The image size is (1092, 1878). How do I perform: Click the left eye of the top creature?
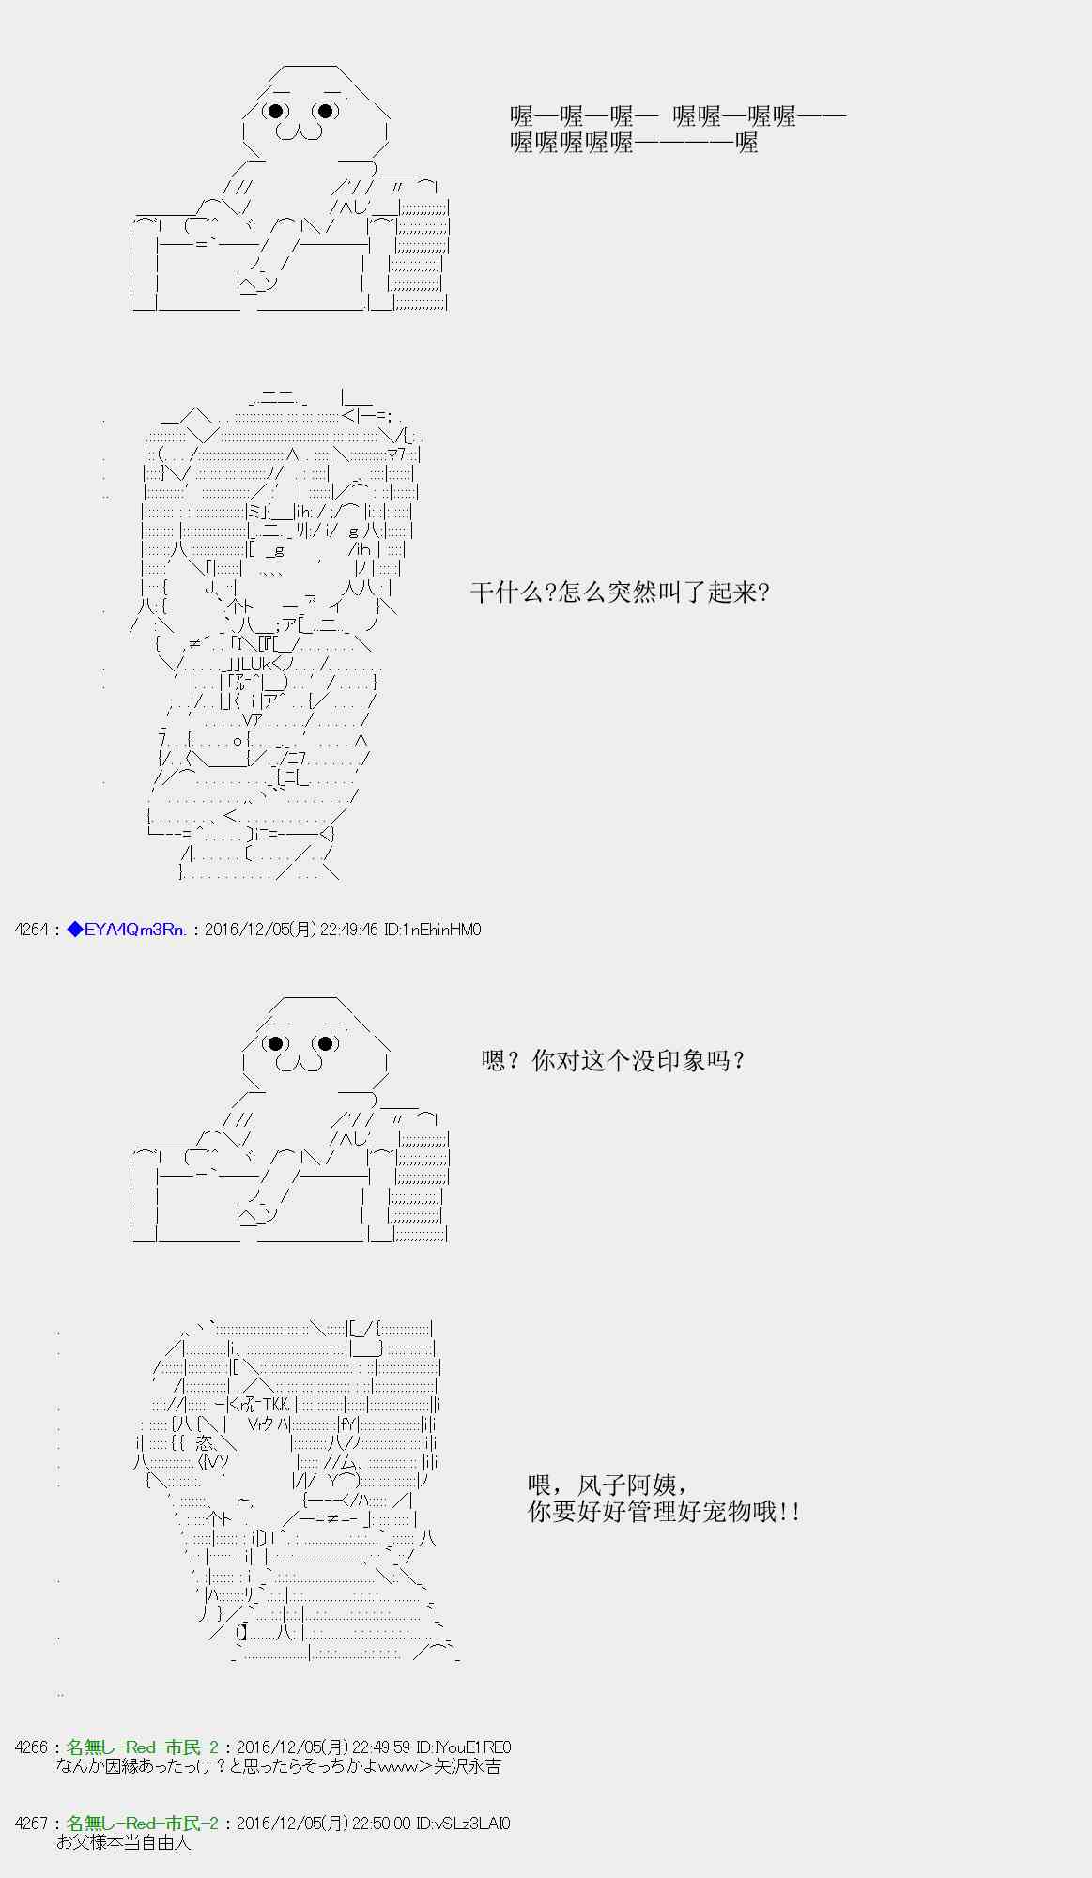click(276, 111)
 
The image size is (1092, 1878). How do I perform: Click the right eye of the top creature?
click(325, 111)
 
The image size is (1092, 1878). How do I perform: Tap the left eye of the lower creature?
click(276, 1043)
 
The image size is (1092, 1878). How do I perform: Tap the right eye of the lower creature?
click(325, 1043)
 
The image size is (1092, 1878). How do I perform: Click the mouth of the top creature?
click(300, 132)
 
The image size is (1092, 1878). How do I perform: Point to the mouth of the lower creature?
click(300, 1063)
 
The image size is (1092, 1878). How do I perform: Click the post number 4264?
click(31, 930)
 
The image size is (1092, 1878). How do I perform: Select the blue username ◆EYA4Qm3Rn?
click(127, 930)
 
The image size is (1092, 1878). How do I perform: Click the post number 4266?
click(31, 1747)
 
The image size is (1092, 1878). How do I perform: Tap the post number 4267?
click(31, 1824)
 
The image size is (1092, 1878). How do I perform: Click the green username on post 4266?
click(143, 1747)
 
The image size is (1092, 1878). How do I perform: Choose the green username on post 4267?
click(143, 1824)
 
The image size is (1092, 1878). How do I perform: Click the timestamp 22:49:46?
click(348, 930)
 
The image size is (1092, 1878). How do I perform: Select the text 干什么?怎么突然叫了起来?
click(620, 593)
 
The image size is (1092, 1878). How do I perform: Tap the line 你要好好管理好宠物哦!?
click(664, 1513)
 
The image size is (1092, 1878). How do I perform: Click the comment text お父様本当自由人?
click(123, 1842)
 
